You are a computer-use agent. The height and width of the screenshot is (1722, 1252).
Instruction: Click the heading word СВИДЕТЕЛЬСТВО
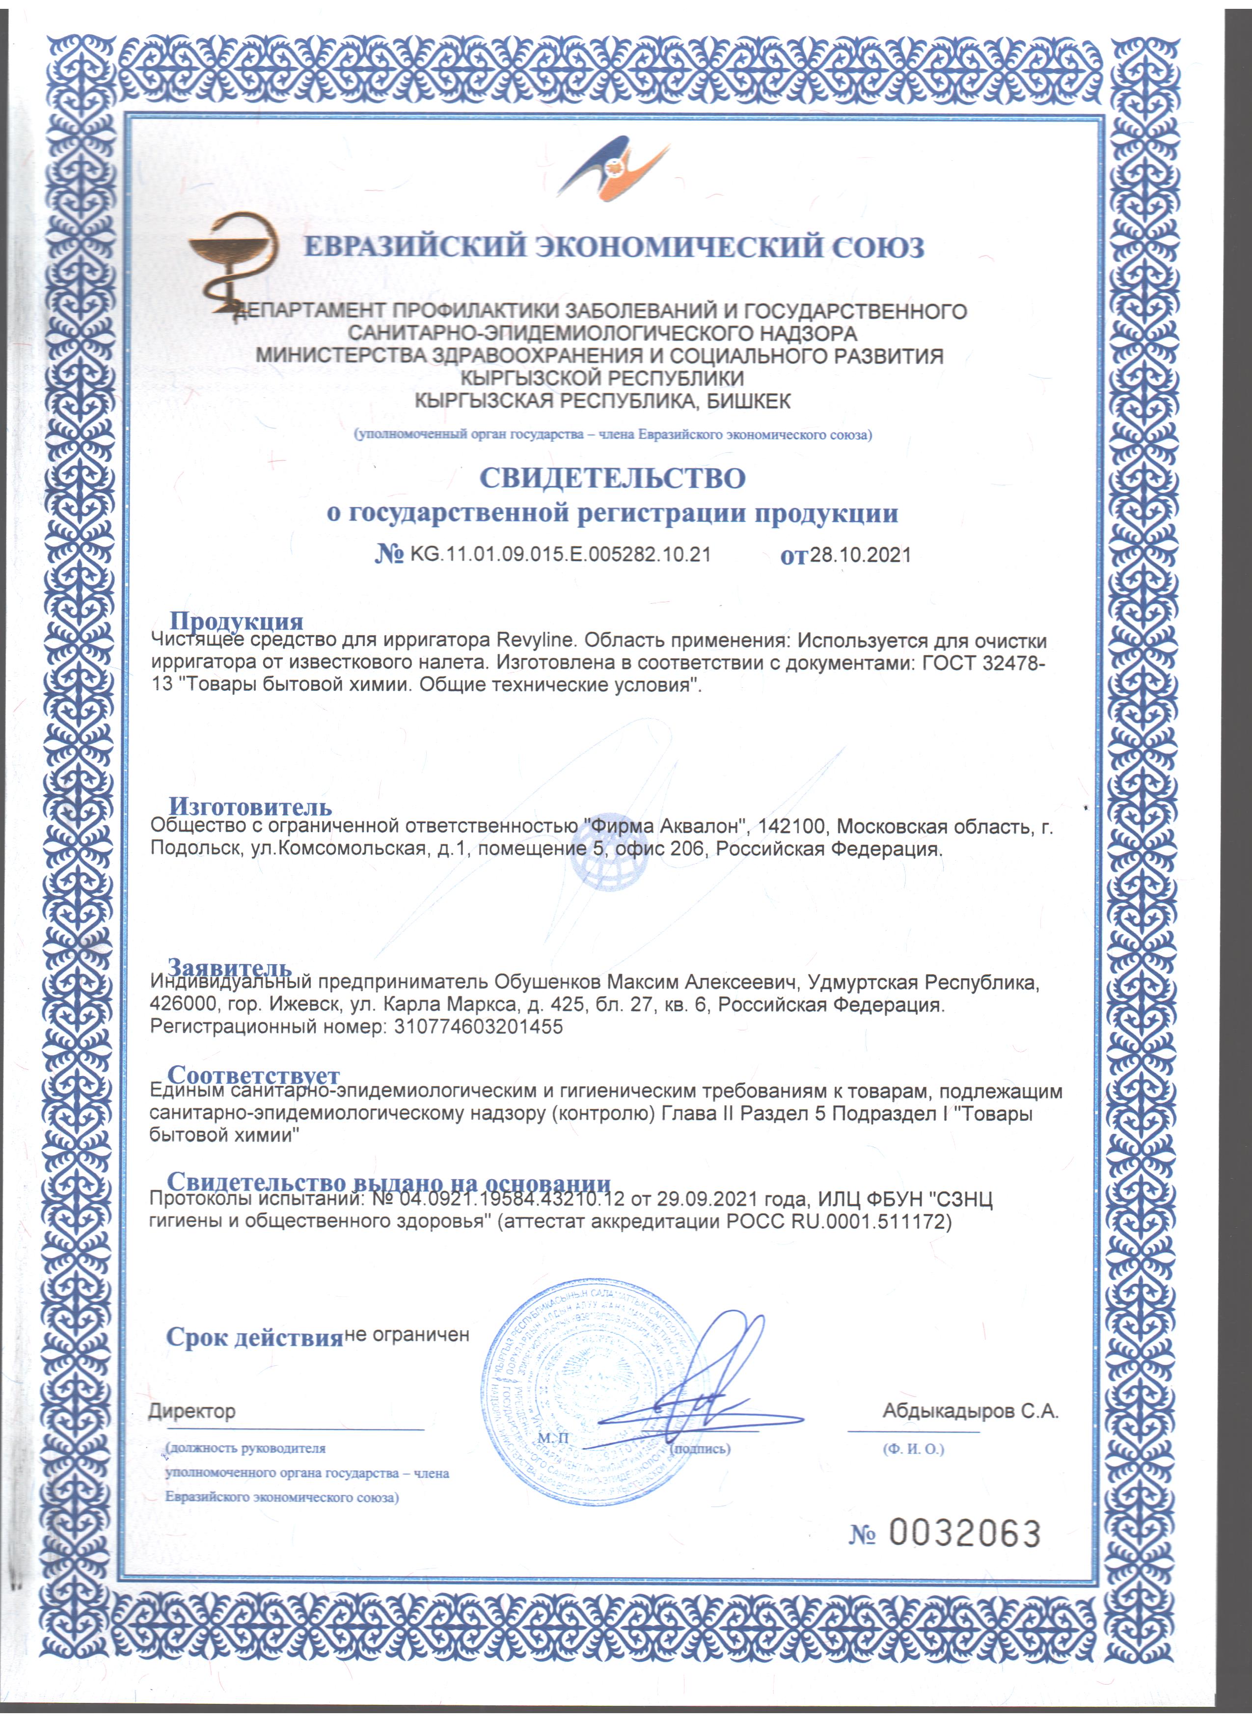click(x=612, y=478)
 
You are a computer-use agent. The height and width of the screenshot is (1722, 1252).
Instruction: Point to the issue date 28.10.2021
click(x=860, y=555)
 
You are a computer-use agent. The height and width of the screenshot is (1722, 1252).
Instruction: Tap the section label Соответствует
click(x=253, y=1075)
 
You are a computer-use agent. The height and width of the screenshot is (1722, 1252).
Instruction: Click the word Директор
click(x=191, y=1411)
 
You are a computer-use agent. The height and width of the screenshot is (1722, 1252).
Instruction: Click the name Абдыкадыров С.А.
click(x=970, y=1411)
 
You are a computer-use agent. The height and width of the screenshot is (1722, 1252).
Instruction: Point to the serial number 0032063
click(x=963, y=1534)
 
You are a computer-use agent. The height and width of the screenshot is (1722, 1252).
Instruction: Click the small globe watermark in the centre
click(x=609, y=865)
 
